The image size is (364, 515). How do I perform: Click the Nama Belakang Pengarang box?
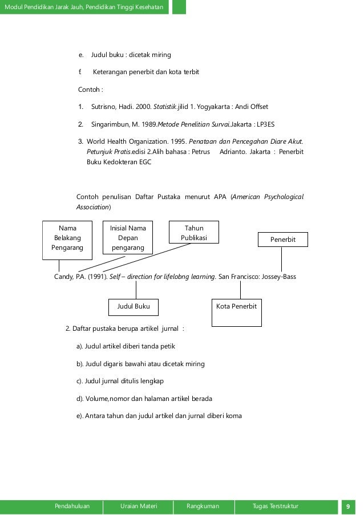(67, 238)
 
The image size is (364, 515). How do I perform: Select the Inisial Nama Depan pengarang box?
(128, 238)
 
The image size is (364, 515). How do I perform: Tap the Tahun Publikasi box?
(194, 233)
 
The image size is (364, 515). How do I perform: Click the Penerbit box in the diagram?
(283, 240)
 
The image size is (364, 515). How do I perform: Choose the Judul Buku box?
(134, 307)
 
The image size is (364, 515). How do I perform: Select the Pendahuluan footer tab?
(72, 506)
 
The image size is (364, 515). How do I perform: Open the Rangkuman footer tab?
(203, 506)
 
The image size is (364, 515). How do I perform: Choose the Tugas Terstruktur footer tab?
(275, 506)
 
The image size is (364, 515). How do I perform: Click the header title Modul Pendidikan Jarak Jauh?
(84, 7)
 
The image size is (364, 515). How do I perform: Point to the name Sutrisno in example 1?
(105, 107)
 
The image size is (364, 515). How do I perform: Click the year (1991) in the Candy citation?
(94, 277)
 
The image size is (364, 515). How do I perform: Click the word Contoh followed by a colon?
(90, 90)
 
